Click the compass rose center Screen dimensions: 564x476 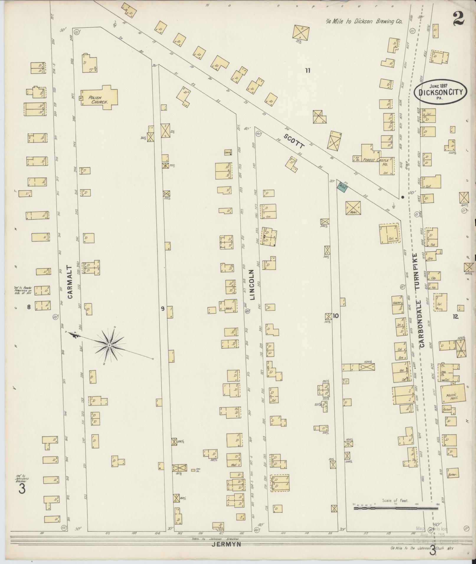tap(109, 345)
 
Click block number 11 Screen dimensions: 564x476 tap(308, 70)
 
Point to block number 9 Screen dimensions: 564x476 tap(163, 309)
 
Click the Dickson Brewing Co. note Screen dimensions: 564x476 tap(364, 22)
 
